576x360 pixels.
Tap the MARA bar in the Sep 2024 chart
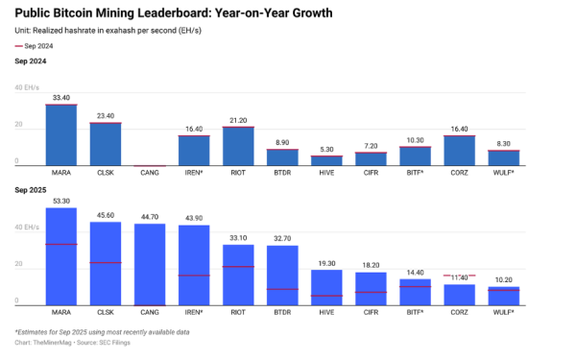(x=61, y=134)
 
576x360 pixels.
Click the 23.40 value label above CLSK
(x=106, y=115)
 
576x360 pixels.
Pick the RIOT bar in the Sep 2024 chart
(x=238, y=145)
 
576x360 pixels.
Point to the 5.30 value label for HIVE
(x=326, y=149)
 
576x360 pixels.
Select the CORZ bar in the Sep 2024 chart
(x=459, y=150)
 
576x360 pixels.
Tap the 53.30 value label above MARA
(x=61, y=201)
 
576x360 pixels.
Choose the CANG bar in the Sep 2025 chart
(x=150, y=264)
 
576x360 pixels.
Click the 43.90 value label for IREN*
(x=194, y=218)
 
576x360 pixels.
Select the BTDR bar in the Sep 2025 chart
(x=282, y=275)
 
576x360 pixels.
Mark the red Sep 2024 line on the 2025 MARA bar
(x=61, y=244)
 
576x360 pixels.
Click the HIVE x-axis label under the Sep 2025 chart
(x=326, y=313)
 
